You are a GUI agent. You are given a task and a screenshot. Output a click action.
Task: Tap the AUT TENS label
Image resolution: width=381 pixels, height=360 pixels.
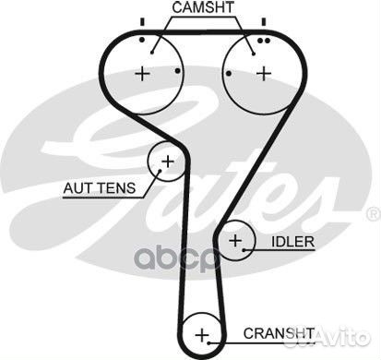click(99, 189)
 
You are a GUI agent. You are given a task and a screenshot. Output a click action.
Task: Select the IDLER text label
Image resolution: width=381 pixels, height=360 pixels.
click(293, 242)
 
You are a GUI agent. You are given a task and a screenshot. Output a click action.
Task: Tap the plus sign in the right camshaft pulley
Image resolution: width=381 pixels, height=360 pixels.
click(265, 73)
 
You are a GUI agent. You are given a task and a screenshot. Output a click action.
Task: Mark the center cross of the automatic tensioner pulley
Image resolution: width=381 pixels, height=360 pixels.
click(167, 162)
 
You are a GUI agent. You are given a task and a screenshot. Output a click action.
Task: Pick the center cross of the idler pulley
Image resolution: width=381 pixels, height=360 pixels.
click(236, 243)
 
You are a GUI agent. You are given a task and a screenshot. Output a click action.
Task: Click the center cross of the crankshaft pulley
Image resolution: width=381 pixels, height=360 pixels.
click(202, 333)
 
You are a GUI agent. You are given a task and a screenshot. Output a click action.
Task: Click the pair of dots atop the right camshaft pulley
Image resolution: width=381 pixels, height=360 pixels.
click(264, 41)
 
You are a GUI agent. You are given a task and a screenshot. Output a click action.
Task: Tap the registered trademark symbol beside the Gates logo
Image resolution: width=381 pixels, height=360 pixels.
click(373, 213)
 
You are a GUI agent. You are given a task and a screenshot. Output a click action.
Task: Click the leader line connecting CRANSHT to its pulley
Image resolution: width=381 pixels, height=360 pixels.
click(232, 333)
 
